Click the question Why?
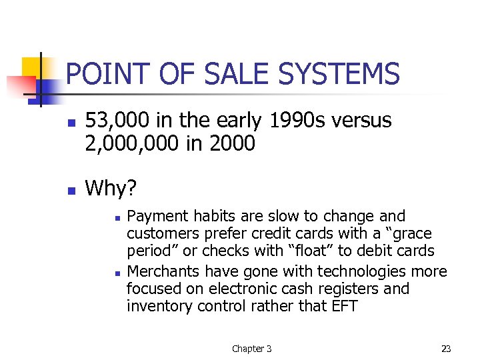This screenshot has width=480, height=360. point(111,189)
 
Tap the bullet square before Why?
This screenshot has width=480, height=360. point(70,191)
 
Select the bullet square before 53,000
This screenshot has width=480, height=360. point(70,123)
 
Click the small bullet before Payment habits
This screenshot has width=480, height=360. point(116,218)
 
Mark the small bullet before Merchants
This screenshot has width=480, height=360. point(116,273)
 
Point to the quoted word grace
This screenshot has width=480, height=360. point(412,234)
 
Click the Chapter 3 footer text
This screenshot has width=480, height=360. point(251,348)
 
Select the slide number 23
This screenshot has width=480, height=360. point(446,348)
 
